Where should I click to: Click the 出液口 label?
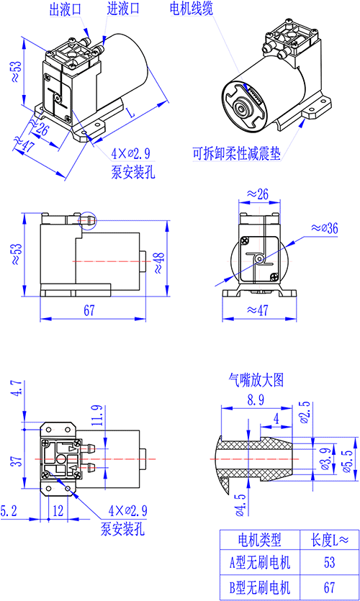click(66, 9)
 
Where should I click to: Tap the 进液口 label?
click(122, 9)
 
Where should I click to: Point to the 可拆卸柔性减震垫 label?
click(237, 154)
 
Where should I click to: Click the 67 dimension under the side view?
click(89, 310)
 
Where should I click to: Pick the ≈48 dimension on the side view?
click(159, 263)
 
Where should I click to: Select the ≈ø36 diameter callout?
click(324, 228)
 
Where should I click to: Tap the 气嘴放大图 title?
click(256, 380)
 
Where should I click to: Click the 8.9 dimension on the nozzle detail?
click(256, 400)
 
